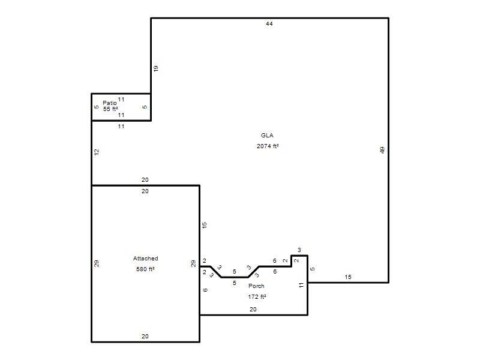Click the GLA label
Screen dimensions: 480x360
[x=267, y=136]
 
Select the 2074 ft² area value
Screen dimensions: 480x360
[x=268, y=146]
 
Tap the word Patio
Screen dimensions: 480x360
[x=110, y=103]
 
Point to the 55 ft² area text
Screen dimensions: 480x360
[x=110, y=109]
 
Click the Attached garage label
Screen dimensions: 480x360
[x=145, y=259]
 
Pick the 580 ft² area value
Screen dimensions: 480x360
[x=145, y=269]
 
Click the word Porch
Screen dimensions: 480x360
[x=256, y=286]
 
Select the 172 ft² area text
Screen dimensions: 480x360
[x=257, y=297]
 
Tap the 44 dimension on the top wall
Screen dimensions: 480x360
[x=269, y=24]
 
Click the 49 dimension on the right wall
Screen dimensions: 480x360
[x=382, y=150]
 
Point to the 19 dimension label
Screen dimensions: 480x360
[x=156, y=68]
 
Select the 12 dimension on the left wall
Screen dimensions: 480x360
[x=97, y=152]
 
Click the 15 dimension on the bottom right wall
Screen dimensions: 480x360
[x=348, y=277]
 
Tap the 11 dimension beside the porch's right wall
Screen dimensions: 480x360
[x=301, y=286]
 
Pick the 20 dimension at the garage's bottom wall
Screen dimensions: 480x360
[x=145, y=337]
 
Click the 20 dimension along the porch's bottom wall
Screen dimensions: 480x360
[x=253, y=310]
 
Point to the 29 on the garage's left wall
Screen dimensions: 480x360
[x=97, y=263]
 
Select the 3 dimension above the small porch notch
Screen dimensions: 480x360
[x=299, y=250]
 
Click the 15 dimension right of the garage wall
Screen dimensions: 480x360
[x=205, y=226]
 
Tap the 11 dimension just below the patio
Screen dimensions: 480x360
[x=121, y=127]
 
